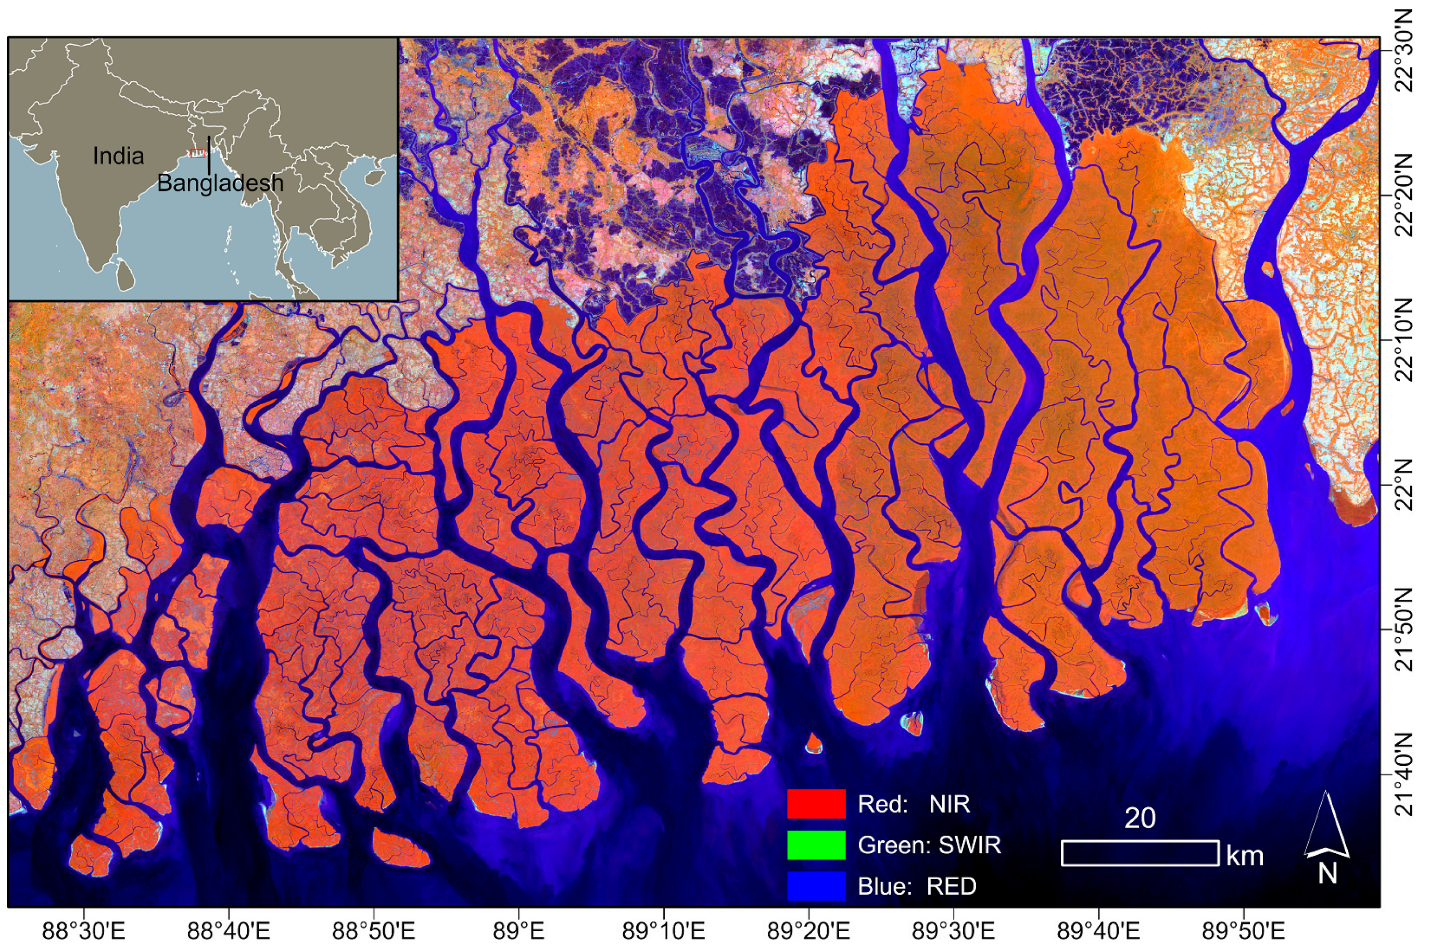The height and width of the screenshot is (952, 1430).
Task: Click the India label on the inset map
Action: [x=119, y=157]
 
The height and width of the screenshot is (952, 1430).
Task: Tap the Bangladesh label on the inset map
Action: [x=220, y=183]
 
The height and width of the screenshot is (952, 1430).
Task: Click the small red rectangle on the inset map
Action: [x=197, y=153]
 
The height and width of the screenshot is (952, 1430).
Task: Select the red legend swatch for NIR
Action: [x=815, y=804]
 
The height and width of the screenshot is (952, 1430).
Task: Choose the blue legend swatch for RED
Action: [x=815, y=886]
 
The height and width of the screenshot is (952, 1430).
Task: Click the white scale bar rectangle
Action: [x=1140, y=853]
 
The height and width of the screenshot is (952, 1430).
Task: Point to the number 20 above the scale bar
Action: [x=1140, y=818]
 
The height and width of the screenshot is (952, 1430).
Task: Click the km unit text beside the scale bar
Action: [x=1245, y=856]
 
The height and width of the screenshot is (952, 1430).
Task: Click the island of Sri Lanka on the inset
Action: [x=126, y=275]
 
